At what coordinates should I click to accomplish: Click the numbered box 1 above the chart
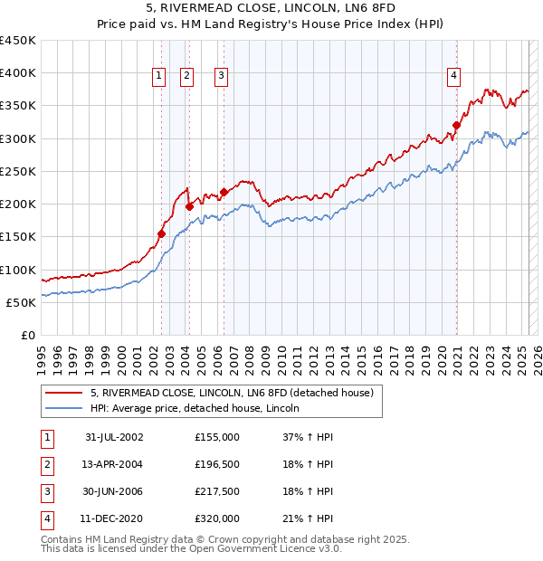point(159,77)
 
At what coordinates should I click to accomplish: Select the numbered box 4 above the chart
point(452,77)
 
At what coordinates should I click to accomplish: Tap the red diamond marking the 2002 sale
point(161,233)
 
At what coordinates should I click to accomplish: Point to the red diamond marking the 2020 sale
point(457,126)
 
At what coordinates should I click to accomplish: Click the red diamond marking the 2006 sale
point(224,193)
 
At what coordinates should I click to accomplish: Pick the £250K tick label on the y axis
point(19,172)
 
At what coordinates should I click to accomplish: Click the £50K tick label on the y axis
point(23,303)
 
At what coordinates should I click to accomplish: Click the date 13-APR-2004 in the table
point(114,465)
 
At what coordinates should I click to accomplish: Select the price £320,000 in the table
point(217,519)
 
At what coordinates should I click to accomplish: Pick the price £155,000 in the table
point(217,437)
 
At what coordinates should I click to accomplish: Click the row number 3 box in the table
point(46,492)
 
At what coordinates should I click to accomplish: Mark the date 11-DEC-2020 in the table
point(114,519)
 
